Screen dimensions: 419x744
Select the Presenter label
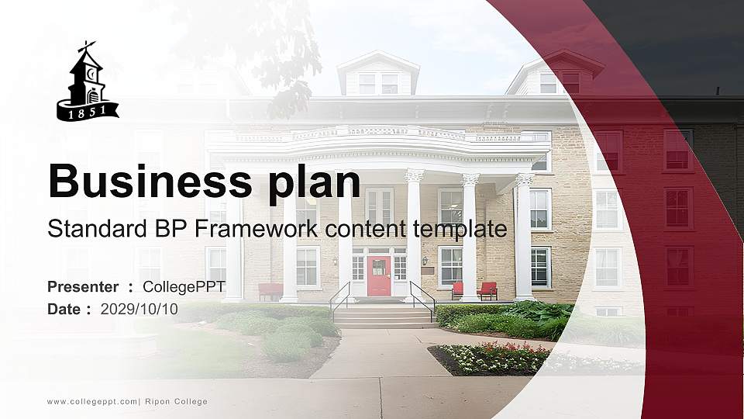[x=83, y=287]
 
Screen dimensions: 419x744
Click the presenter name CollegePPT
[x=184, y=287]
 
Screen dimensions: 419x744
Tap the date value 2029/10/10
[x=139, y=309]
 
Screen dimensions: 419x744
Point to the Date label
[x=64, y=309]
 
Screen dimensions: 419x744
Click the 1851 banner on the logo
[x=88, y=112]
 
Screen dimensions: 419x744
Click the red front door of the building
[x=378, y=276]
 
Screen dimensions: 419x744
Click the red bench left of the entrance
[x=270, y=292]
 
